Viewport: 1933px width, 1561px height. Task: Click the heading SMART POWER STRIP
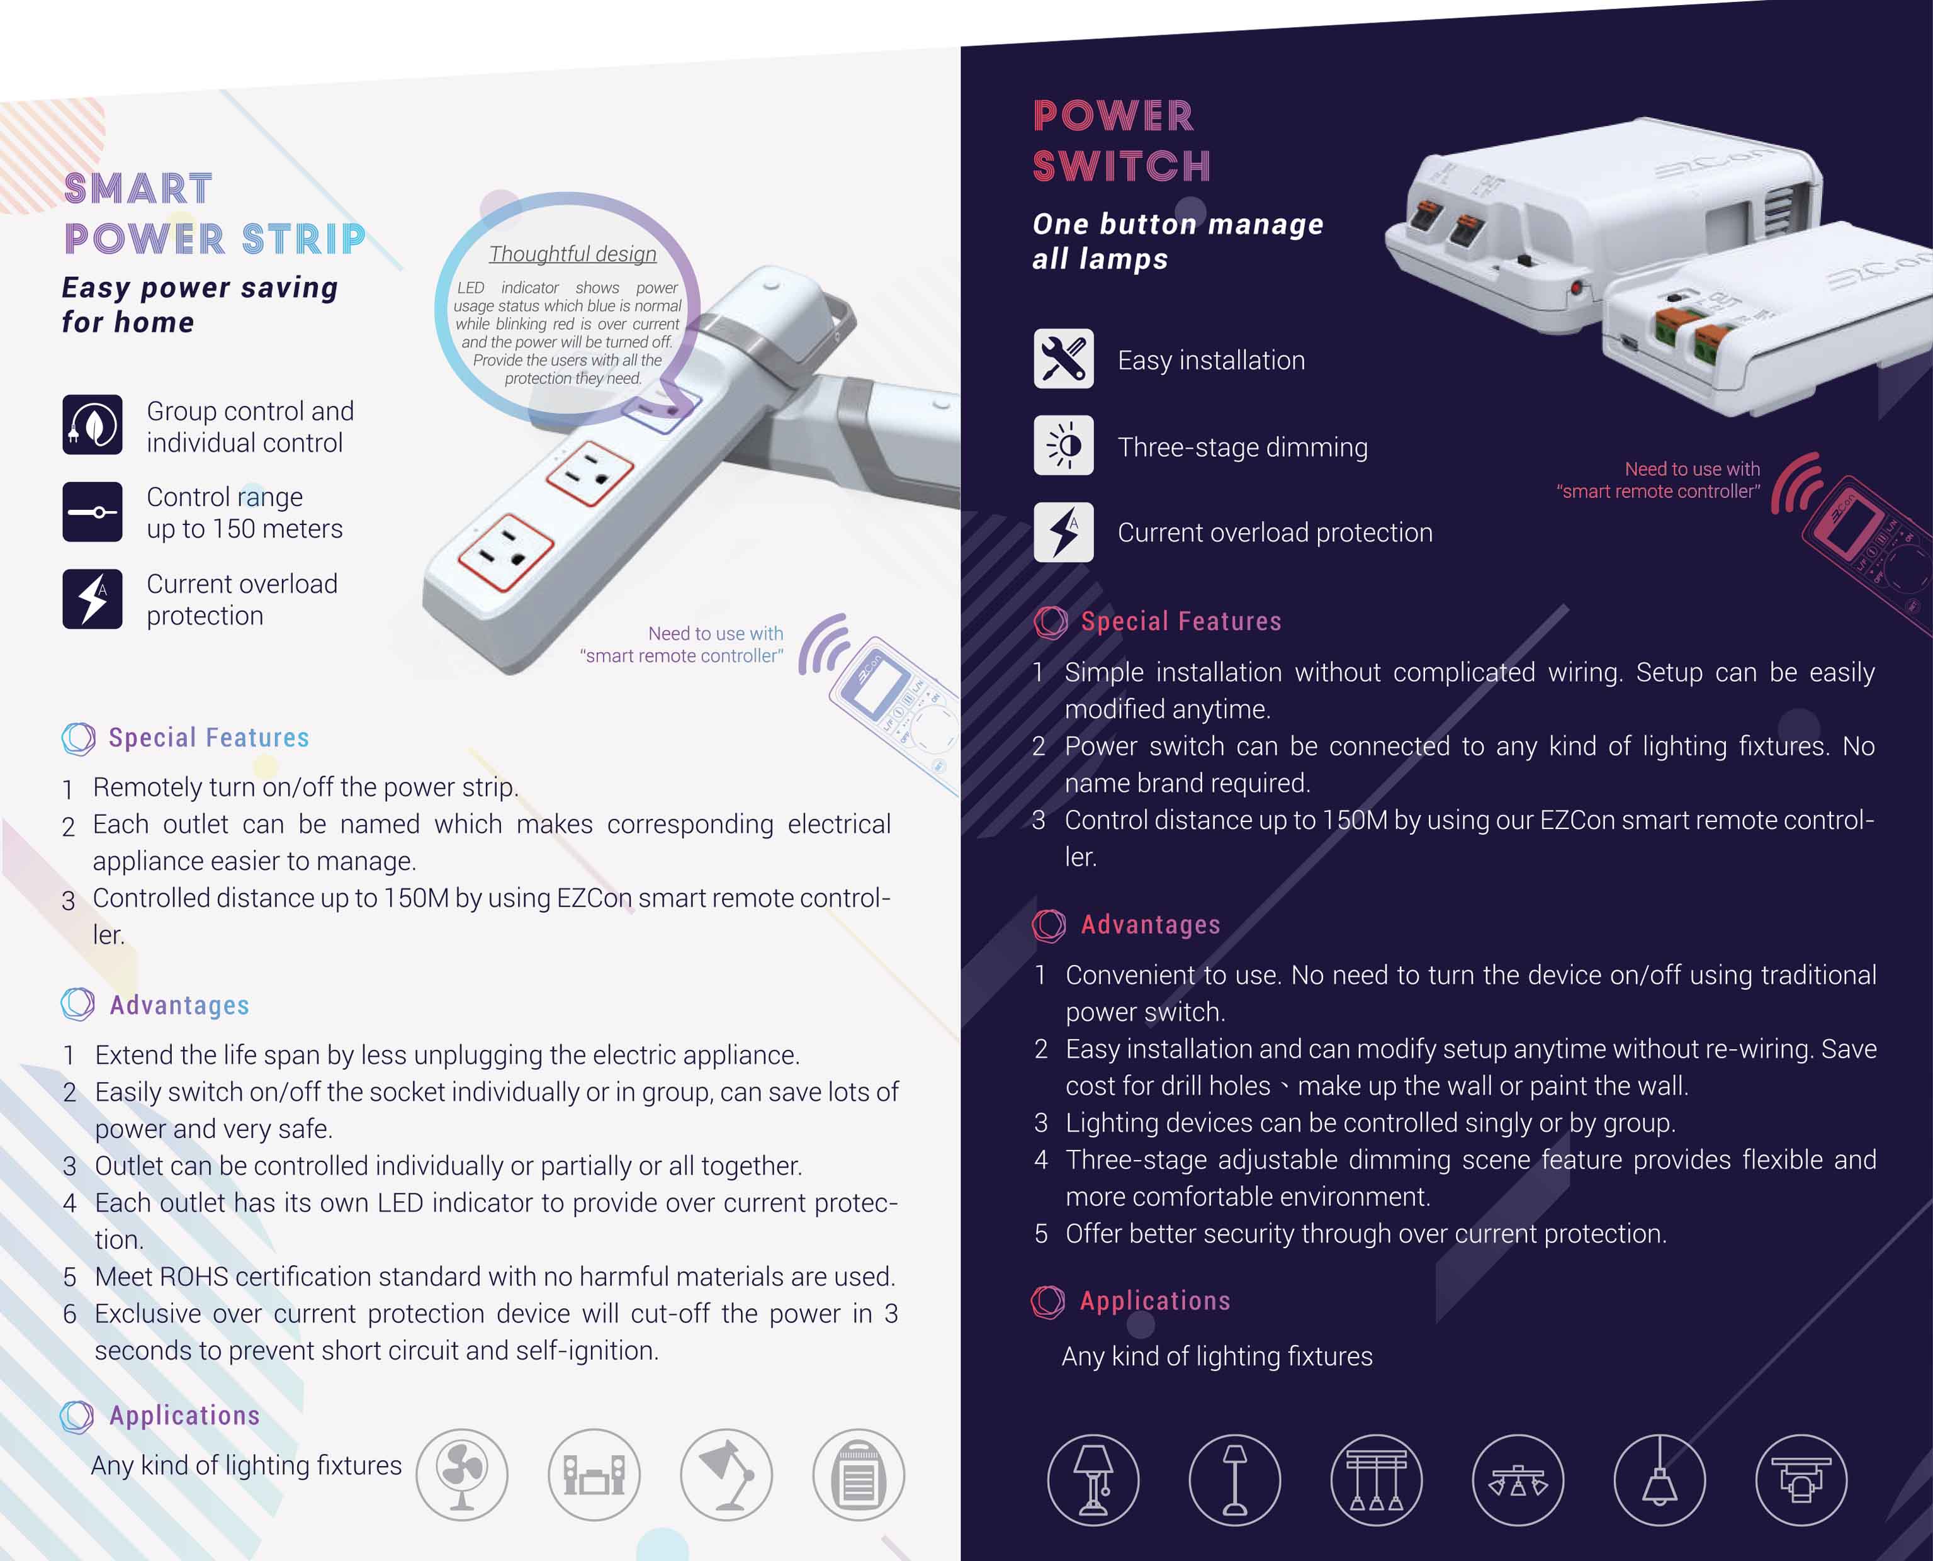point(215,214)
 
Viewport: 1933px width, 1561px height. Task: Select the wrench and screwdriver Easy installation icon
point(1064,359)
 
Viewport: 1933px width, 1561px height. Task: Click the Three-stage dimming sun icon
point(1064,445)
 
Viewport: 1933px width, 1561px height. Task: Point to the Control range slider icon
point(93,512)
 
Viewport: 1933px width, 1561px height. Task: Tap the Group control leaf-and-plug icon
point(93,424)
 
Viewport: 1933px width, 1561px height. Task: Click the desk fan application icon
point(461,1475)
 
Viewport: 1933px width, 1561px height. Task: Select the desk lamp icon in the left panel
point(726,1475)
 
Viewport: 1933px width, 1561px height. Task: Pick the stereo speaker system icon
point(594,1475)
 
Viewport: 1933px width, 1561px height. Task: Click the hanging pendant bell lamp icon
point(1660,1480)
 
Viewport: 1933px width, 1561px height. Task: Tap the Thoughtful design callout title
point(573,254)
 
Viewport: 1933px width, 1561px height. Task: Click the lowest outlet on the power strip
point(506,552)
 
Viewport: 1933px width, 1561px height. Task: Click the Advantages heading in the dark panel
point(1151,925)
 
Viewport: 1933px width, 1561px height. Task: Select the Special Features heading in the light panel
point(208,737)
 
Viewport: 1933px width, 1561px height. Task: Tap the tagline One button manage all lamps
point(1178,241)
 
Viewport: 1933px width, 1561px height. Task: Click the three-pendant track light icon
point(1377,1480)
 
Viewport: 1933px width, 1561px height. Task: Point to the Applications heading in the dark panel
point(1155,1300)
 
